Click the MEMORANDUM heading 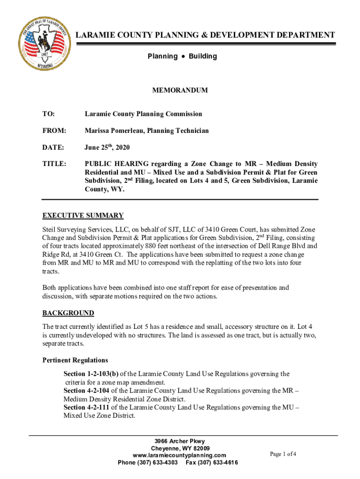(180, 90)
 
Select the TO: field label (49, 114)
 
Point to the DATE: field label (53, 148)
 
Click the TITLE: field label (54, 164)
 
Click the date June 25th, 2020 (107, 148)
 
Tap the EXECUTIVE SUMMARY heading (83, 216)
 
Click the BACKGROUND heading (68, 313)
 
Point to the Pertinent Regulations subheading (75, 360)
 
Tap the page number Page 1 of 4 (283, 454)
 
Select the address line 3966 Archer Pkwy (180, 442)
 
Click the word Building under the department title (203, 57)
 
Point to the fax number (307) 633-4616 (220, 463)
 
